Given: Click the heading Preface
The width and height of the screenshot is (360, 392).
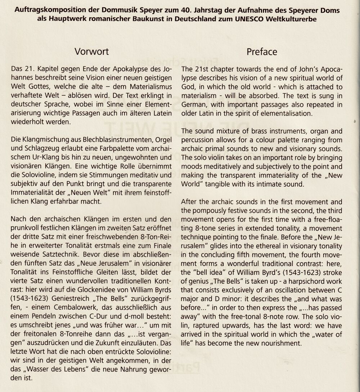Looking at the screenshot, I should point(262,51).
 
